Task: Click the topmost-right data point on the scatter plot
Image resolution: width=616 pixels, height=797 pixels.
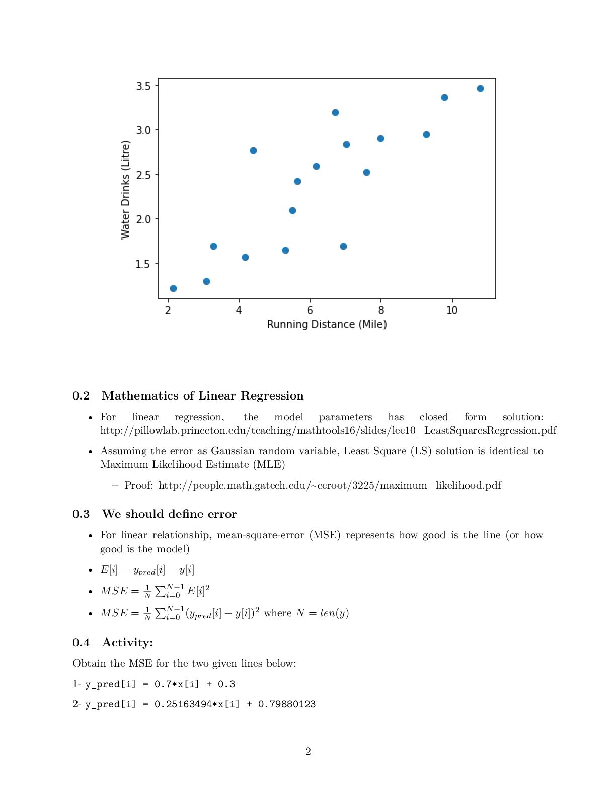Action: (480, 89)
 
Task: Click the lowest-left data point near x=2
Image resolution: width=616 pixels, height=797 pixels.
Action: (174, 288)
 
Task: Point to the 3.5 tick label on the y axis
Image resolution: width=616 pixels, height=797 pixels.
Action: (143, 86)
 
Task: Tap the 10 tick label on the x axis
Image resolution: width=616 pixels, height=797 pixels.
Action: (451, 310)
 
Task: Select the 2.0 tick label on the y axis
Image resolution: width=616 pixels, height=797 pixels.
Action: (143, 219)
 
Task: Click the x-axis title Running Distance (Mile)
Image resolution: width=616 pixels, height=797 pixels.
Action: (327, 325)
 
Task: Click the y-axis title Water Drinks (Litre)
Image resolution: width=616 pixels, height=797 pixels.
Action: (125, 190)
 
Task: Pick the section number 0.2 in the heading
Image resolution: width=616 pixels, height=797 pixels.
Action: (81, 396)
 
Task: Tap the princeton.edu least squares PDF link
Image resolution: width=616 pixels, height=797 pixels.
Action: (328, 431)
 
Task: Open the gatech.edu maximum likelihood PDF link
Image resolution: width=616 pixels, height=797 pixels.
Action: (330, 485)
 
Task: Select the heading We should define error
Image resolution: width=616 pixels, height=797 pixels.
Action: (169, 514)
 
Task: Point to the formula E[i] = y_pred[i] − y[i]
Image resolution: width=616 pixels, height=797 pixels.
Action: (147, 570)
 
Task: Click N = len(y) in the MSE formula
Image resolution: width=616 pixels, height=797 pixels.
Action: (322, 613)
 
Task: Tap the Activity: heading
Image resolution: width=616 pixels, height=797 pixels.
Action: (127, 643)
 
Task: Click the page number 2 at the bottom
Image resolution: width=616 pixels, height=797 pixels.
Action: (308, 751)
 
